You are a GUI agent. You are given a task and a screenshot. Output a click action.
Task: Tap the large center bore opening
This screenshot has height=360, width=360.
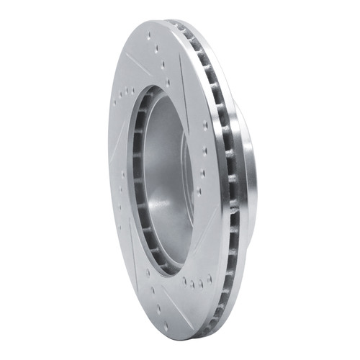[x=162, y=180]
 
